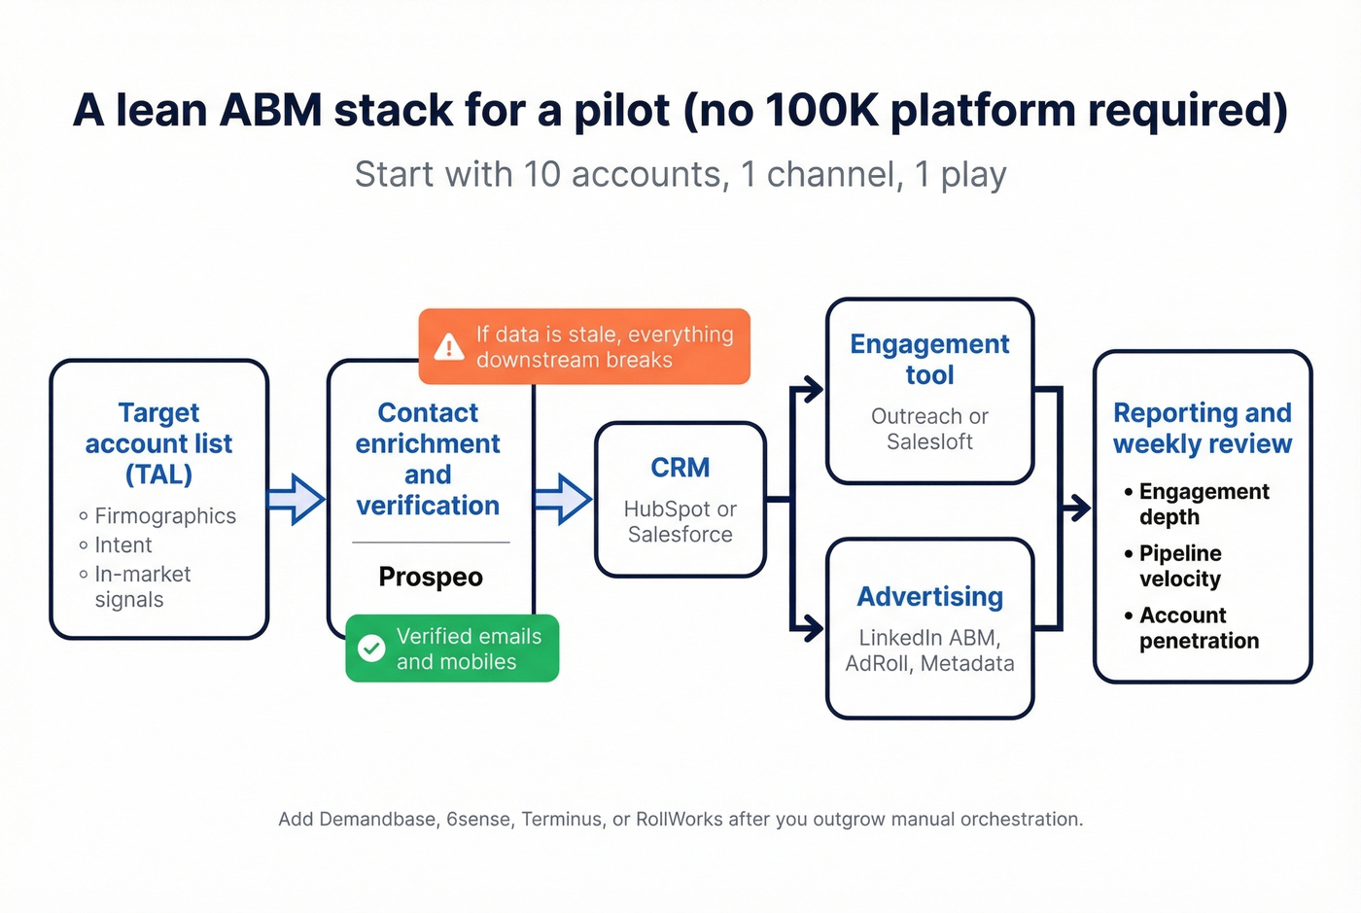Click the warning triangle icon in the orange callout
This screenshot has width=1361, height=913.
tap(448, 347)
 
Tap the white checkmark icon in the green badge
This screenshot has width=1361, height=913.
tap(371, 649)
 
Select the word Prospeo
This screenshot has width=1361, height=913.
tap(431, 577)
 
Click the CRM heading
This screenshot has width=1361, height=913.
tap(680, 468)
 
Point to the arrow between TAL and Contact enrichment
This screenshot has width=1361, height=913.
tap(296, 500)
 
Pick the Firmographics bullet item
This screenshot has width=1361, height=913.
tap(164, 516)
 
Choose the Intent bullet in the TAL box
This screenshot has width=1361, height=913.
tap(122, 545)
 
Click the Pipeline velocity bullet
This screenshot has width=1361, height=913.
tap(1179, 566)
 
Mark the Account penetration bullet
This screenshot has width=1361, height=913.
tap(1198, 628)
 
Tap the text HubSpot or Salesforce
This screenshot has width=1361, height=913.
tap(680, 522)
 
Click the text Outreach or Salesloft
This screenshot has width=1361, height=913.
tap(929, 429)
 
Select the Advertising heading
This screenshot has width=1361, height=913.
tap(929, 596)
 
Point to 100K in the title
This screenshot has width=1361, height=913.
tap(821, 110)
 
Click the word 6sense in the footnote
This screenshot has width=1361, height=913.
tap(478, 819)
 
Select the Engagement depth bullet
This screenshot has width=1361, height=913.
tap(1203, 504)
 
